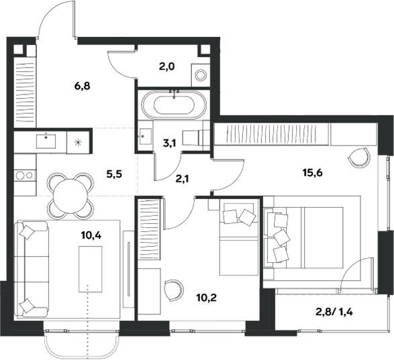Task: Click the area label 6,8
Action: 82,86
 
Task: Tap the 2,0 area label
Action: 167,67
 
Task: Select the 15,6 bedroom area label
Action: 313,173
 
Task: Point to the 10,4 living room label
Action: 91,235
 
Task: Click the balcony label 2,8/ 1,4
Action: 334,312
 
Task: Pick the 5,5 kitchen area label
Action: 114,174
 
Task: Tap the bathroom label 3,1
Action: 170,143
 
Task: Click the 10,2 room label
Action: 207,298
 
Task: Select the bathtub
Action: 174,104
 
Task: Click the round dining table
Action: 70,196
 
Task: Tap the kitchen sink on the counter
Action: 46,141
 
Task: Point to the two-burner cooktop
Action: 25,175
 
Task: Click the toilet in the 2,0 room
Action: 201,75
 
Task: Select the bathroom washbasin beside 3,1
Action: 145,136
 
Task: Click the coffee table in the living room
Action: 91,269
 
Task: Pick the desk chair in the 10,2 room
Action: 173,290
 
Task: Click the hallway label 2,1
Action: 182,179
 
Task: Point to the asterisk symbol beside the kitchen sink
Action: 78,142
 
